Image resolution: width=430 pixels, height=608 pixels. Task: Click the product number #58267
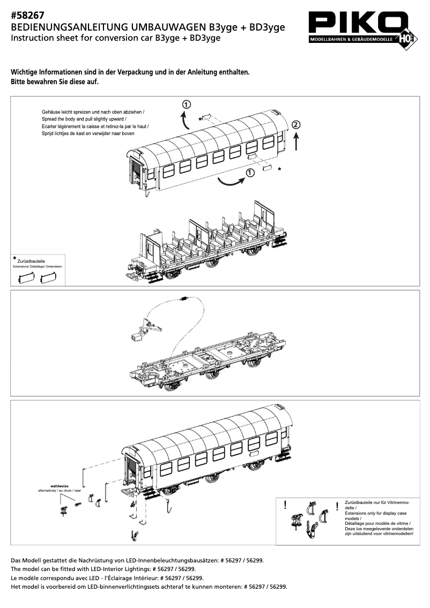click(x=27, y=16)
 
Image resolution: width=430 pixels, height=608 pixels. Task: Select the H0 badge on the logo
click(x=406, y=39)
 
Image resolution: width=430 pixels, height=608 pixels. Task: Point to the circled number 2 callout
click(x=296, y=124)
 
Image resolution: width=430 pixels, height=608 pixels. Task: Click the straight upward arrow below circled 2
click(x=296, y=142)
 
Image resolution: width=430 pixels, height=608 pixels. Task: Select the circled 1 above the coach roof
click(x=186, y=104)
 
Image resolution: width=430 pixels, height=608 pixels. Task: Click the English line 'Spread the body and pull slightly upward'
click(x=83, y=118)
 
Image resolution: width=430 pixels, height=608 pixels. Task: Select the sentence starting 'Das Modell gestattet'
click(x=137, y=560)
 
